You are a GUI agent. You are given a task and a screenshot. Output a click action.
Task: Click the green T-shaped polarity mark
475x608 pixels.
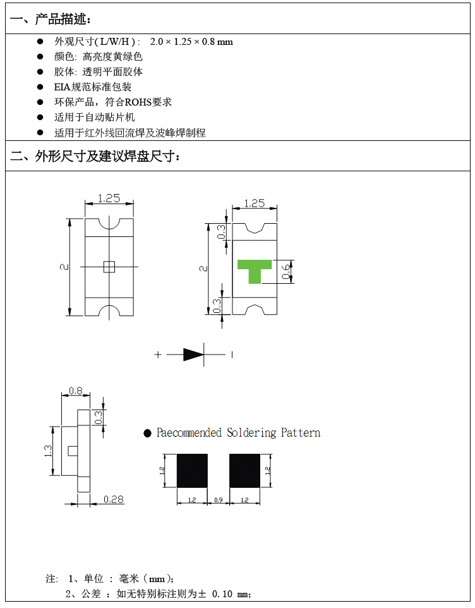[255, 269]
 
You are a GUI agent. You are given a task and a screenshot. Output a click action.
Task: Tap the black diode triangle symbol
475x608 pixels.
[193, 355]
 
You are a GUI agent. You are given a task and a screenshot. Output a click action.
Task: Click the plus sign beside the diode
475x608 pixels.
[158, 355]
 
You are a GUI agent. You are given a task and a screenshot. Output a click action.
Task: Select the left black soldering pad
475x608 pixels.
[192, 470]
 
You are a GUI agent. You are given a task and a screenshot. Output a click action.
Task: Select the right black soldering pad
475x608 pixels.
[244, 470]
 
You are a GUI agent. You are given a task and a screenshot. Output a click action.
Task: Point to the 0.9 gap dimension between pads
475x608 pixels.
[219, 500]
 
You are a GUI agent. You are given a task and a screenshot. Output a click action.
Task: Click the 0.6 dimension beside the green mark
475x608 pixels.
[286, 272]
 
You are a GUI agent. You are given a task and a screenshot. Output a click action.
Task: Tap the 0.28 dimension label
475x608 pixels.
[113, 499]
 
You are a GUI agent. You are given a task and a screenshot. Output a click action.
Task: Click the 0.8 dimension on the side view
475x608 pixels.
[75, 391]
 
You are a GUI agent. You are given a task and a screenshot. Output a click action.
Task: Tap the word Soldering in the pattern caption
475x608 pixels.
[251, 433]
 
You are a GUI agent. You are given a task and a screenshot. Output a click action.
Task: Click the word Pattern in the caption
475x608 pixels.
[301, 433]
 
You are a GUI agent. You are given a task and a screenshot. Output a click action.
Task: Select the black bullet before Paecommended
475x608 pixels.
[148, 433]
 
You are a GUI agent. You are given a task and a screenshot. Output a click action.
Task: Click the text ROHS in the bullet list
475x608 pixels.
[140, 102]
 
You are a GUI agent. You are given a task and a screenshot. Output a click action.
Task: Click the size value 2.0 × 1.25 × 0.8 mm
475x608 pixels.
[191, 42]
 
